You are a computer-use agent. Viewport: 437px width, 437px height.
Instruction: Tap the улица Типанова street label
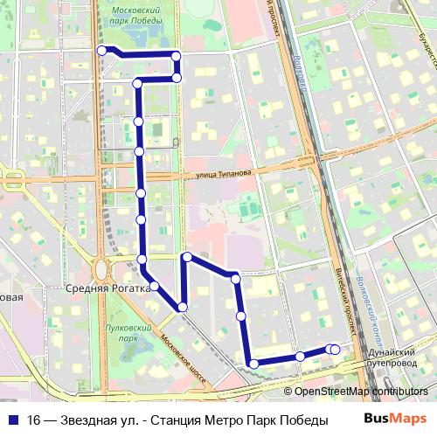223,174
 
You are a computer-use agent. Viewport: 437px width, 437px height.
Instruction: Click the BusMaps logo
395,420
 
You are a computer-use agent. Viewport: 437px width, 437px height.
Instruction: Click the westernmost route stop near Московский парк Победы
102,51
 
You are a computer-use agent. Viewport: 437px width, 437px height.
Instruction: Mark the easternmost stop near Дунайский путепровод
335,350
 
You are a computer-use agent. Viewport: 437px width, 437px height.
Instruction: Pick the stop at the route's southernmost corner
253,364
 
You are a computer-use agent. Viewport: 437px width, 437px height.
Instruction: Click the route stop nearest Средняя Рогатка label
154,286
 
